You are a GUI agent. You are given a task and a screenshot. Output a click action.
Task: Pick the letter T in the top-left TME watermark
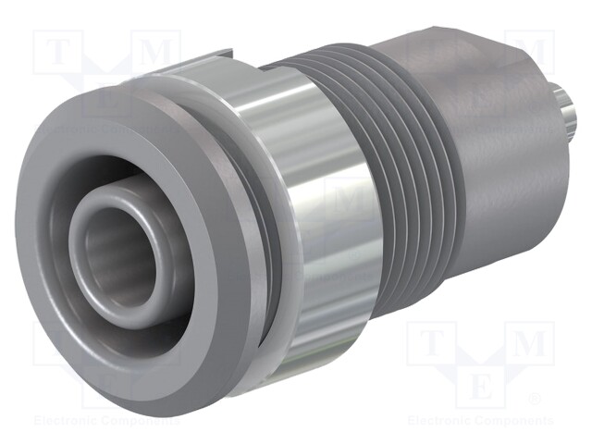click(56, 54)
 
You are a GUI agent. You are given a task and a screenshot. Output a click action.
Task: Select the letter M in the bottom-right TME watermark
click(529, 345)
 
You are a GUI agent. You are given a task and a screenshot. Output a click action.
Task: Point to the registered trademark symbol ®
click(534, 400)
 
